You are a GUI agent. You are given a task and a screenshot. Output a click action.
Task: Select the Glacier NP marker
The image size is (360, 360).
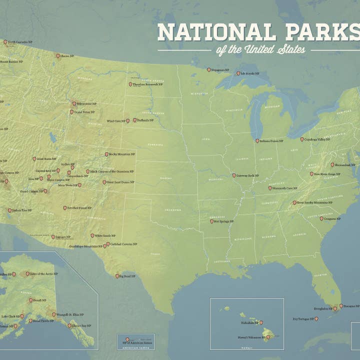(57, 56)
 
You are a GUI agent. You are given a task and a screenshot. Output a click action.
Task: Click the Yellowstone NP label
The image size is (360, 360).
(86, 104)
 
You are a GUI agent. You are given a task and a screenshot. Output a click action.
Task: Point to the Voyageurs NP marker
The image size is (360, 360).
(209, 70)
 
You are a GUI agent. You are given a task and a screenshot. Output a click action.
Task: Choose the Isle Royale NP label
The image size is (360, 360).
(250, 73)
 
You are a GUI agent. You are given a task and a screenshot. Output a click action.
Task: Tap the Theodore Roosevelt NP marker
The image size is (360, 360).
(130, 84)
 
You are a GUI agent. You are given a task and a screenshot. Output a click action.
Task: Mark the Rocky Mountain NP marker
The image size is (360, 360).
(106, 154)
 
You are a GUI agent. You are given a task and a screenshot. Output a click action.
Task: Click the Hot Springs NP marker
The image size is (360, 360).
(211, 221)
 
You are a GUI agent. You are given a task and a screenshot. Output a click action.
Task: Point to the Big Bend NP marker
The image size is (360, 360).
(117, 275)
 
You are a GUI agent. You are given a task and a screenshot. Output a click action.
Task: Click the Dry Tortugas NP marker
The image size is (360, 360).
(316, 318)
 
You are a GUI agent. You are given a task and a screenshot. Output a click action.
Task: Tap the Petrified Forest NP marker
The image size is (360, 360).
(64, 207)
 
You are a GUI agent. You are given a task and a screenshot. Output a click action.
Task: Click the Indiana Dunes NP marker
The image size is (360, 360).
(257, 141)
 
